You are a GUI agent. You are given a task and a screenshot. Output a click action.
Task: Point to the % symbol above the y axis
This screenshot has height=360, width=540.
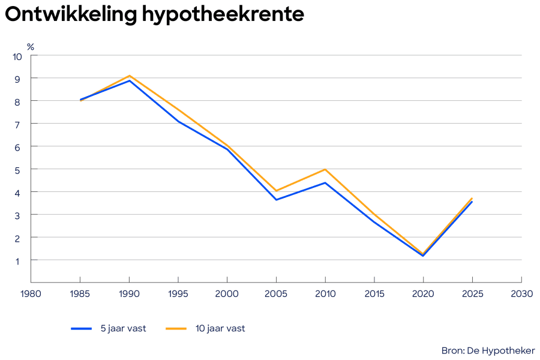point(31,46)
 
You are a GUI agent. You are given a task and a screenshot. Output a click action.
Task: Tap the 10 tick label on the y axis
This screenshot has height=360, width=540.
point(17,56)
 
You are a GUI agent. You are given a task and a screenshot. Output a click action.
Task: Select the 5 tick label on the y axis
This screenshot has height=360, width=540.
point(19,170)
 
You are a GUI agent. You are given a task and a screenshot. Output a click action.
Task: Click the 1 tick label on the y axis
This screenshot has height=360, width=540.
point(19,260)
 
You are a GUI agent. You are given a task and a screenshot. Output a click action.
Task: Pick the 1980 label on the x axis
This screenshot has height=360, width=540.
point(31,294)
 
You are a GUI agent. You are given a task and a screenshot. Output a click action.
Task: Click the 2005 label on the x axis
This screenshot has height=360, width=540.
point(276,294)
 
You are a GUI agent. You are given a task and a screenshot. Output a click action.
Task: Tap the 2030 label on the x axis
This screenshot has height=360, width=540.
point(521,294)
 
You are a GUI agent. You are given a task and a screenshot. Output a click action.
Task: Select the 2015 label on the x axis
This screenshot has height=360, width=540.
point(374,294)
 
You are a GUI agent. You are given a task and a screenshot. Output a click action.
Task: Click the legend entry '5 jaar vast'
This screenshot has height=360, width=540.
point(123,328)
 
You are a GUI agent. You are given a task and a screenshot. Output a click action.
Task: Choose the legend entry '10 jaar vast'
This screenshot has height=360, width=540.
point(220,328)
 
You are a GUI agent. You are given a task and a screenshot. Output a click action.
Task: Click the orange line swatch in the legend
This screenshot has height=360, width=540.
point(176,328)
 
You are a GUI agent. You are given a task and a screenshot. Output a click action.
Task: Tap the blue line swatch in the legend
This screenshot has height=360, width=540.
point(81,328)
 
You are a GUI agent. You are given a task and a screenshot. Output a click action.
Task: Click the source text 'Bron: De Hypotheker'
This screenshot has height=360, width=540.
point(488,350)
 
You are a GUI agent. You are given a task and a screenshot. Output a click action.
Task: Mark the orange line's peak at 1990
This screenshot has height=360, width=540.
point(129,76)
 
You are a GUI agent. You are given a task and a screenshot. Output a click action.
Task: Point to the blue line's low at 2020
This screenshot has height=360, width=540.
point(423,256)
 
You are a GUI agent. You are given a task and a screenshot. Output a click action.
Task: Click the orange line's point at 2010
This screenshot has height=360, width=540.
point(325,169)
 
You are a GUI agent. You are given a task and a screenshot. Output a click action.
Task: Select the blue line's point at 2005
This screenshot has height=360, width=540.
point(276,199)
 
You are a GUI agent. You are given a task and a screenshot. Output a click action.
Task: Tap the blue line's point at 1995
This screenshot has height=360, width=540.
point(178,122)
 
